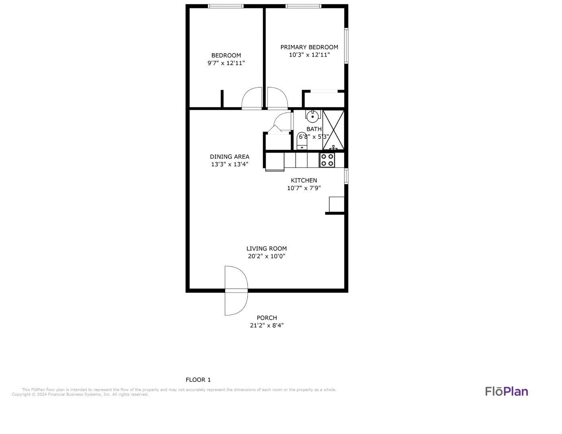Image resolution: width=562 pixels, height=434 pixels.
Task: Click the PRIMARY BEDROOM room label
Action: (x=309, y=47)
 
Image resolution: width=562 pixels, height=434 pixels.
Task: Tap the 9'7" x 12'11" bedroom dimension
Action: (x=226, y=63)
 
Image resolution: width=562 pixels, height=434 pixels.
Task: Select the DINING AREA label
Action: (x=230, y=157)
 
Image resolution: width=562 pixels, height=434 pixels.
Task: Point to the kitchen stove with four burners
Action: (x=327, y=160)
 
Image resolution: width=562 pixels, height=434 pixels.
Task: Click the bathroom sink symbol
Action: (x=313, y=116)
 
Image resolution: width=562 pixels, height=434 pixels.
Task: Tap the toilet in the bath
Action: (x=302, y=141)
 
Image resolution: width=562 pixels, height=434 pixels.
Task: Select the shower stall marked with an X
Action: (x=333, y=130)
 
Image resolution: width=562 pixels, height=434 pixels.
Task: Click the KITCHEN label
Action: (x=304, y=180)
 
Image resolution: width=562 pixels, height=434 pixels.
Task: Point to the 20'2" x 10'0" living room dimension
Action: (x=267, y=256)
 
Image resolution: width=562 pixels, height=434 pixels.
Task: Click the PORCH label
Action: (x=267, y=318)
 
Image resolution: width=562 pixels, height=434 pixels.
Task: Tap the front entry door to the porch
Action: (x=236, y=291)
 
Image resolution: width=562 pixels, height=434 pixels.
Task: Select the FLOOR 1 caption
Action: (x=198, y=380)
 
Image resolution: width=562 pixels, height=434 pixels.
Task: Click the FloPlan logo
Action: (x=507, y=391)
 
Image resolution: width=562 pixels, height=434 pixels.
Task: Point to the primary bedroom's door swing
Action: (x=277, y=98)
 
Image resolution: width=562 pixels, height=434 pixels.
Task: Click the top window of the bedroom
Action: (x=226, y=6)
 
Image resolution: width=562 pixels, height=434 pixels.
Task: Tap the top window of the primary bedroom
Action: (x=304, y=6)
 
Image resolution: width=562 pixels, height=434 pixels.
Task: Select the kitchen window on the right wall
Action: (x=346, y=176)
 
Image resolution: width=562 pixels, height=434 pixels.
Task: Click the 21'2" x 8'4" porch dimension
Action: (x=267, y=325)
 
